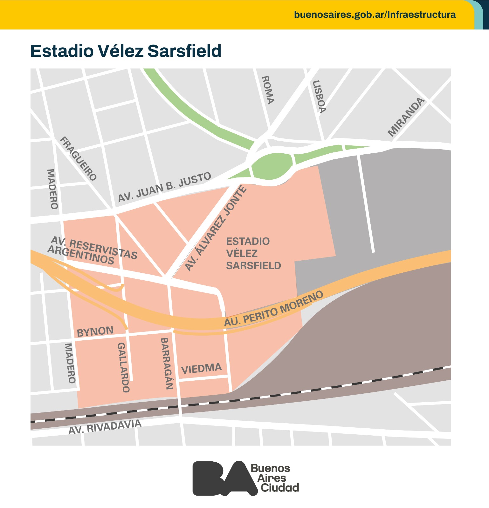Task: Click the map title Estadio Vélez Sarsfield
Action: [126, 51]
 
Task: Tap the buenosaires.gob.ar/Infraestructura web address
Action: [375, 15]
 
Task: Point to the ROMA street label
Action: [267, 90]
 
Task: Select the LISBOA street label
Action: [319, 97]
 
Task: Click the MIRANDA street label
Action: [406, 117]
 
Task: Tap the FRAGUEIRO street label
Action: [78, 158]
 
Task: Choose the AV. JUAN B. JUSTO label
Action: [164, 187]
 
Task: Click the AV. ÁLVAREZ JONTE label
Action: [216, 228]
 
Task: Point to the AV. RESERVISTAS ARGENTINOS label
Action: [93, 251]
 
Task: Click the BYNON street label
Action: [95, 331]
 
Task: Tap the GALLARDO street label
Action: [123, 367]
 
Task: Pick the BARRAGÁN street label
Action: [166, 364]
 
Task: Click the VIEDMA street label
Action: [201, 369]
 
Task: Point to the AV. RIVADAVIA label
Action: [105, 427]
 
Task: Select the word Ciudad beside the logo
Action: [280, 488]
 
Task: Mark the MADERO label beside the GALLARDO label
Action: [70, 363]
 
